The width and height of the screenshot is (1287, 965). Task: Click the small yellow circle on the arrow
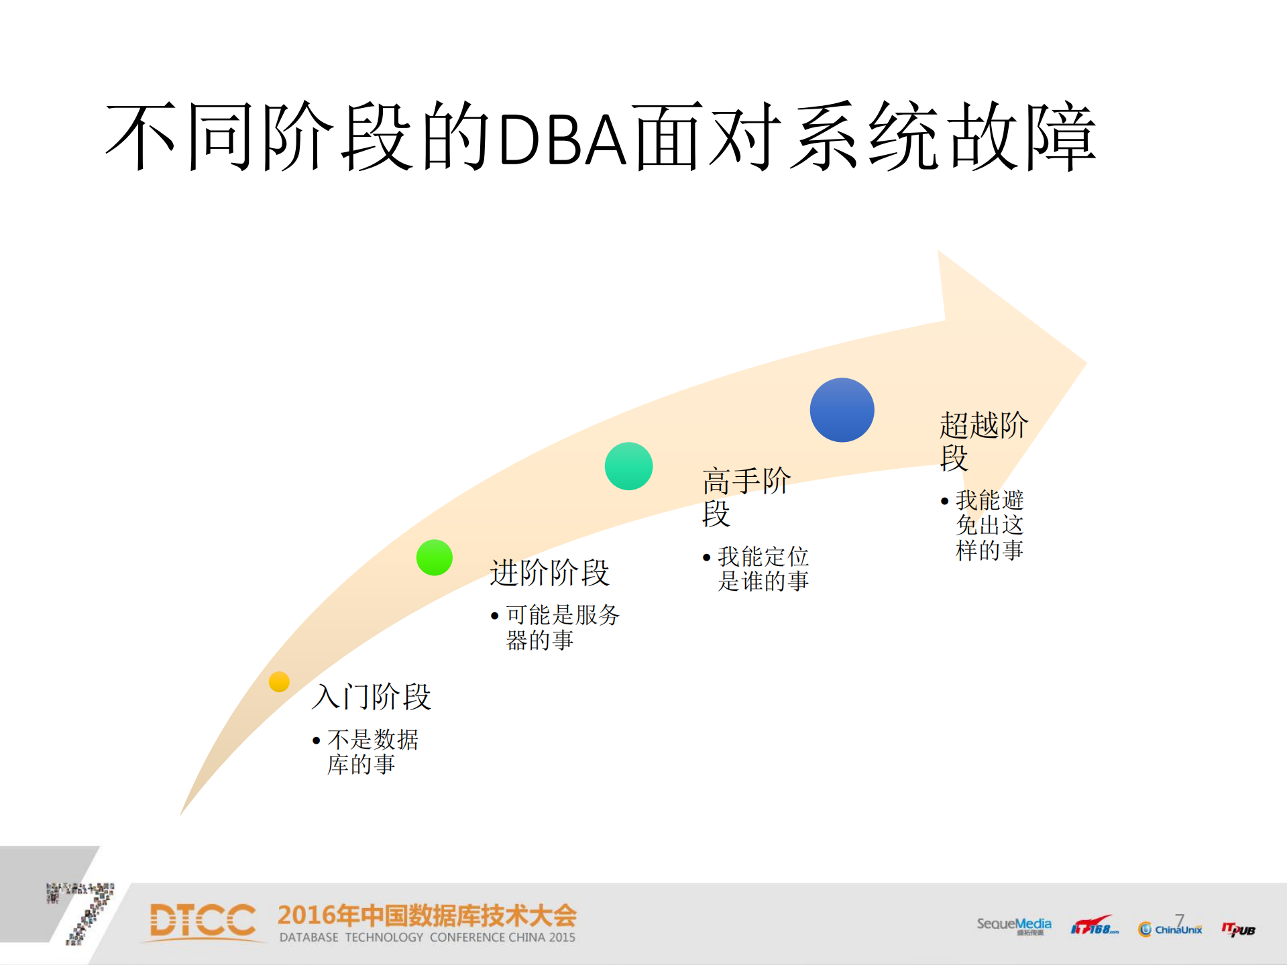(x=279, y=681)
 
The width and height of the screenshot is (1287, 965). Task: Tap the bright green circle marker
(x=434, y=557)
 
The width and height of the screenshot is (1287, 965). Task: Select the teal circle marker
(x=628, y=466)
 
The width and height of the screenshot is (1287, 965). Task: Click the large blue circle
(x=842, y=410)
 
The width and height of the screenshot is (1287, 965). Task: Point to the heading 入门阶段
(x=371, y=696)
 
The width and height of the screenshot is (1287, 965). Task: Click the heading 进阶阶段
(x=549, y=573)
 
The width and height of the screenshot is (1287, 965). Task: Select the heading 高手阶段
(x=745, y=497)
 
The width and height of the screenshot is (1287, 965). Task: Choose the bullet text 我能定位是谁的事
(x=762, y=569)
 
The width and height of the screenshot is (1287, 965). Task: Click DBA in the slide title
(x=563, y=139)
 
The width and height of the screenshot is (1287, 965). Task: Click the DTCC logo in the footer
(x=203, y=921)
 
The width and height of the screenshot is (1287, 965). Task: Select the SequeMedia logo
(x=1013, y=925)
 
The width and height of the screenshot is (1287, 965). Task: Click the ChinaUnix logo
(x=1170, y=928)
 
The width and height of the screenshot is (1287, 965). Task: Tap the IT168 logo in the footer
(x=1093, y=927)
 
